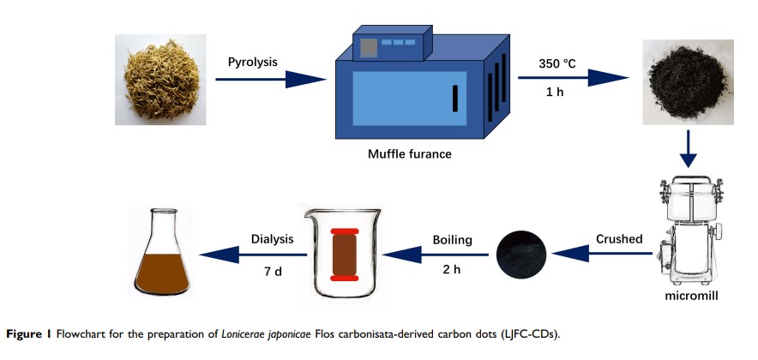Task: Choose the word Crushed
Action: pyautogui.click(x=619, y=239)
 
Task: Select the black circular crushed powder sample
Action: pyautogui.click(x=522, y=255)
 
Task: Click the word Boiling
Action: pyautogui.click(x=452, y=240)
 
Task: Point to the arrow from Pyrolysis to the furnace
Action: pyautogui.click(x=269, y=80)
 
